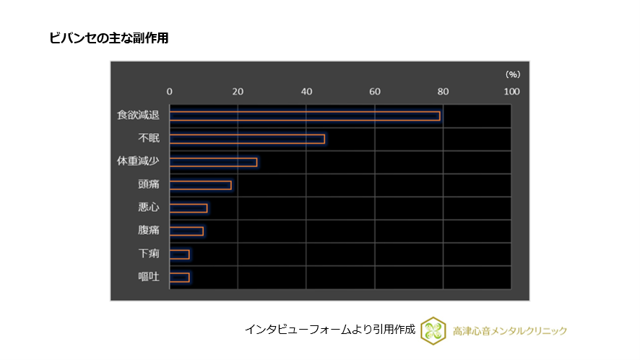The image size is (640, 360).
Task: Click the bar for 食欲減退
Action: coord(304,116)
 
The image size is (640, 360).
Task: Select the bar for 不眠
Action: coord(247,139)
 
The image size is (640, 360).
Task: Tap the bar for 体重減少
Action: coord(213,162)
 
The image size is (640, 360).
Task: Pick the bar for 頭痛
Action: coord(200,185)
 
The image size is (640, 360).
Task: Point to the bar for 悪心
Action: coord(188,208)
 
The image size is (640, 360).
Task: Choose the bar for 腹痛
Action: coord(186,231)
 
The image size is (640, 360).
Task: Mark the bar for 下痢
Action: coord(179,254)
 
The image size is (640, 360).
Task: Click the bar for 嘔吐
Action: coord(179,277)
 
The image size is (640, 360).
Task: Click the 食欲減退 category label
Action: coord(138,116)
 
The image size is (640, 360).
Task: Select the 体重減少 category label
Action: coord(138,162)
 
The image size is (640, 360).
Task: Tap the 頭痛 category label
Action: coord(148,185)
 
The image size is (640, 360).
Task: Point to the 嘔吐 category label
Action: coord(148,277)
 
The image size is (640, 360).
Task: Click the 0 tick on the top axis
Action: coord(170,91)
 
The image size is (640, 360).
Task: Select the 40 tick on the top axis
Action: coord(306,91)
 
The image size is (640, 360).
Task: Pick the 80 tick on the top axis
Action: coord(443,91)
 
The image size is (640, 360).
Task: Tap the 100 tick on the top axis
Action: coord(511,91)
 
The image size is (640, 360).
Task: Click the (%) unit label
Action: coord(512,74)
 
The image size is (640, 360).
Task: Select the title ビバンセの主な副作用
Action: coord(108,38)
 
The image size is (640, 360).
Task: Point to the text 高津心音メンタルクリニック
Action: coord(510,331)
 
